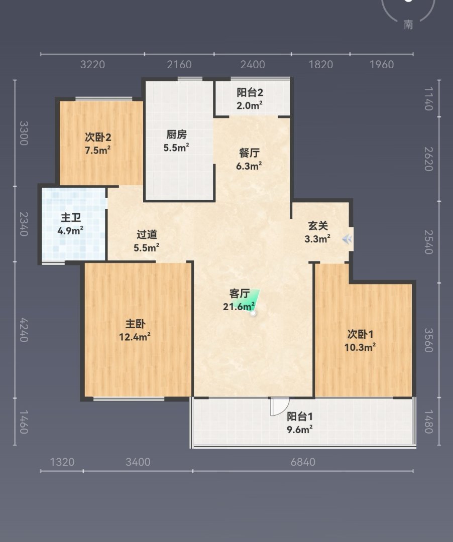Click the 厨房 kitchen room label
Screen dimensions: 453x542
pyautogui.click(x=176, y=134)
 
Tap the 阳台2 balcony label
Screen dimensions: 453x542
pyautogui.click(x=250, y=92)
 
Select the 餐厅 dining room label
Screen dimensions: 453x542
pyautogui.click(x=249, y=153)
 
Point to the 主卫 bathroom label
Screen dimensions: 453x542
pyautogui.click(x=70, y=217)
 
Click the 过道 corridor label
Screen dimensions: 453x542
pyautogui.click(x=147, y=234)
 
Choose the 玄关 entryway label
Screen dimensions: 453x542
pyautogui.click(x=317, y=226)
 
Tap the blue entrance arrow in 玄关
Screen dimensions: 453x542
pyautogui.click(x=347, y=239)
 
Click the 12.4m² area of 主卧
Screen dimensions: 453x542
pyautogui.click(x=135, y=337)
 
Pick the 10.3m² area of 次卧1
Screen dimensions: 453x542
pyautogui.click(x=360, y=347)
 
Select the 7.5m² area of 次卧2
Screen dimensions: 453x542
pyautogui.click(x=98, y=151)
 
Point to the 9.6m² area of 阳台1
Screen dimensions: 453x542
pyautogui.click(x=299, y=429)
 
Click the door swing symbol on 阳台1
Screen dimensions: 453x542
pyautogui.click(x=279, y=406)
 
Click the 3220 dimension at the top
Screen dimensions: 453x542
pyautogui.click(x=92, y=64)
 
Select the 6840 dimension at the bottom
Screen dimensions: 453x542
pyautogui.click(x=303, y=462)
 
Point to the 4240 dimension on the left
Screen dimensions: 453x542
pyautogui.click(x=24, y=330)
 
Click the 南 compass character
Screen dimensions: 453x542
pyautogui.click(x=408, y=24)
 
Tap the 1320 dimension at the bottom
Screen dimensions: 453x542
pyautogui.click(x=62, y=462)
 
